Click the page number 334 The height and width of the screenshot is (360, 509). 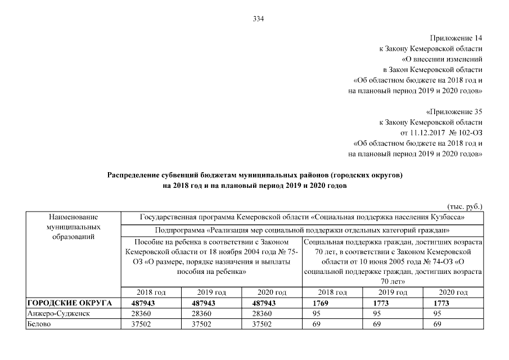coord(258,19)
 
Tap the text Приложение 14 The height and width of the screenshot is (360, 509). coord(456,38)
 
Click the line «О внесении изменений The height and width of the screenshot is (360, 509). coord(442,59)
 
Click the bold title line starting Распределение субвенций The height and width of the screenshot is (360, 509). coord(255,175)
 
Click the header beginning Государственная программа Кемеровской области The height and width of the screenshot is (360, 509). coord(301,217)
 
